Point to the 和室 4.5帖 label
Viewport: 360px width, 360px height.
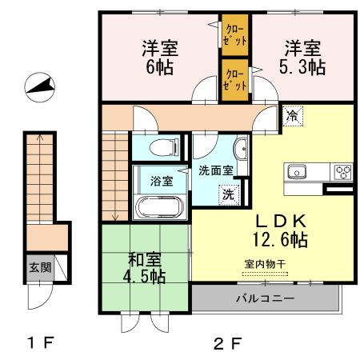click(x=146, y=267)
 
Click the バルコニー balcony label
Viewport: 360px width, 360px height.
click(x=265, y=299)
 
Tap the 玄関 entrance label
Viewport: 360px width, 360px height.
click(x=39, y=267)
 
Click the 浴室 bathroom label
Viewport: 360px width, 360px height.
click(x=162, y=179)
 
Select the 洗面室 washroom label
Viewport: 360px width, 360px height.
click(x=215, y=170)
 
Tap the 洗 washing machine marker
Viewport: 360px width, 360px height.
click(x=230, y=193)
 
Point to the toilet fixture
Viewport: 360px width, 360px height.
click(x=160, y=147)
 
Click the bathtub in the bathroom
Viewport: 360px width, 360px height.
click(x=161, y=208)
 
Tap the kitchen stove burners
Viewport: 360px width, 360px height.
click(x=342, y=171)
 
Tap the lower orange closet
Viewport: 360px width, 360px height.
click(x=234, y=80)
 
